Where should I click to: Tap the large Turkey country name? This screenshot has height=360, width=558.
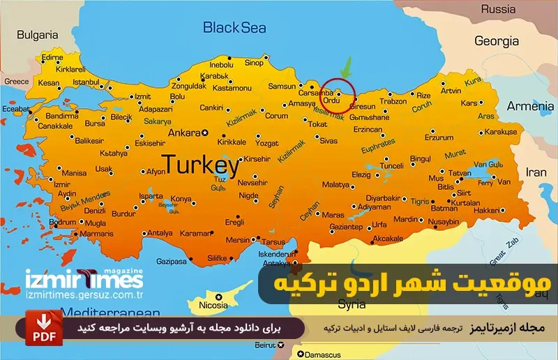tap(200, 165)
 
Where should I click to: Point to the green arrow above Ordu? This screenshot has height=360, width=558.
tap(345, 69)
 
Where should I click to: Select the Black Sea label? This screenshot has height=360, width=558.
tap(234, 27)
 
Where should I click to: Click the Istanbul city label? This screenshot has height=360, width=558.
tap(86, 82)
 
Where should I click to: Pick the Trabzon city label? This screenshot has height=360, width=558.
tap(393, 101)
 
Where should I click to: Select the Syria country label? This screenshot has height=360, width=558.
tap(352, 304)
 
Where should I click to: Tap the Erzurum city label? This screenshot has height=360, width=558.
tap(438, 137)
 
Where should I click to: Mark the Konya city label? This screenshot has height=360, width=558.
tap(181, 198)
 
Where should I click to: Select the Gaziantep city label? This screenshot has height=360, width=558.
tap(346, 227)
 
